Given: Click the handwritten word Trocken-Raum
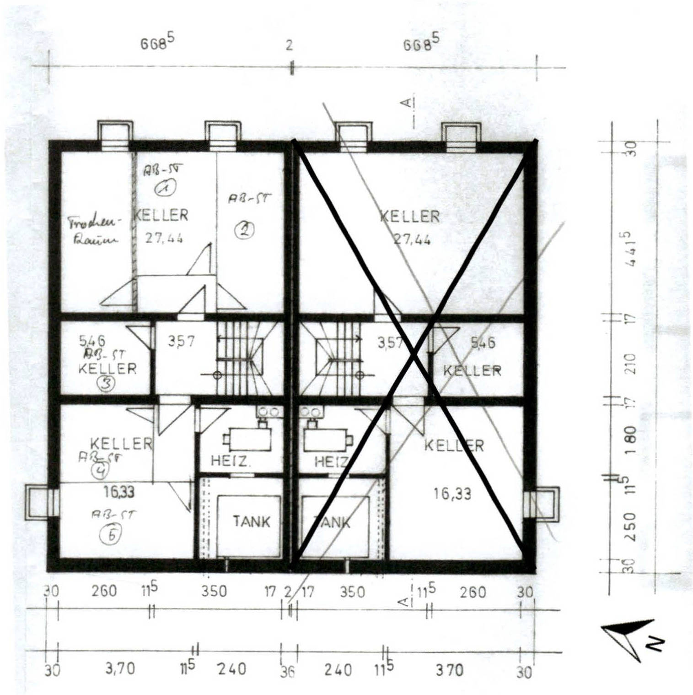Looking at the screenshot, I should coord(94,231).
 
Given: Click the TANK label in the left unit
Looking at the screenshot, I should coord(251,521).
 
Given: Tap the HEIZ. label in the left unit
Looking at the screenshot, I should coord(231,461).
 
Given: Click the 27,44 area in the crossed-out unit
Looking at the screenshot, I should coord(412,239).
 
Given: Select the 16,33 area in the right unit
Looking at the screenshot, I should coord(452,494).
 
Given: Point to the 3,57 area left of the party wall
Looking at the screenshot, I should coord(181,341).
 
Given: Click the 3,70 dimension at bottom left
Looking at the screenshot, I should coord(120,669).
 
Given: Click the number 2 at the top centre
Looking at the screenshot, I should coord(289,46).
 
